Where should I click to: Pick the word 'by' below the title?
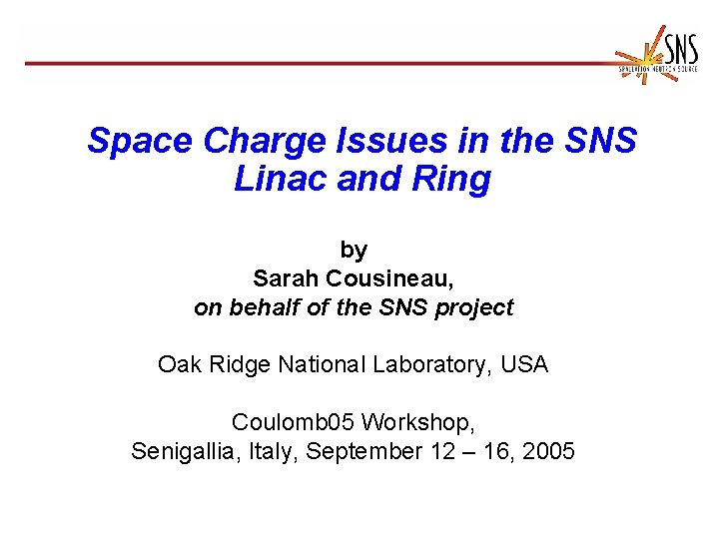pos(354,251)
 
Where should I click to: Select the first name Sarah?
pos(284,278)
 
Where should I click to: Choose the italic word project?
pos(473,308)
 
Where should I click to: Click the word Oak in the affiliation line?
pos(177,365)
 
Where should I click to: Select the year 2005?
pos(549,451)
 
